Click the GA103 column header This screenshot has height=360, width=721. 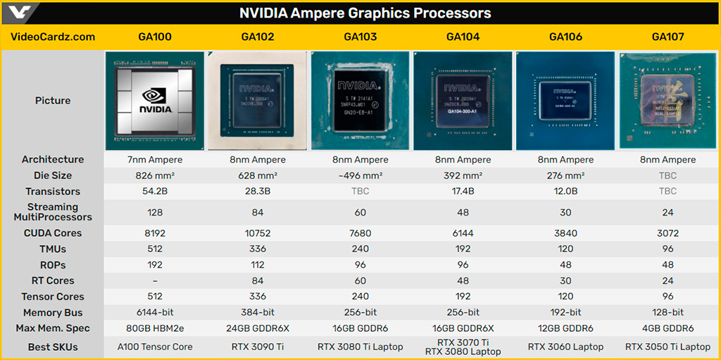(x=360, y=37)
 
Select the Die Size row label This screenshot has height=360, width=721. (x=53, y=175)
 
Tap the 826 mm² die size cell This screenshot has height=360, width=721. (x=155, y=175)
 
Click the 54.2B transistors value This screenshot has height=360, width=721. (x=155, y=192)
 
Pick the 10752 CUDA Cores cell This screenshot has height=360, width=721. (x=258, y=233)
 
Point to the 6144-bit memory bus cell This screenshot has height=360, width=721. (x=155, y=313)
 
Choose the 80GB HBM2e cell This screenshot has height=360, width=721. (x=155, y=328)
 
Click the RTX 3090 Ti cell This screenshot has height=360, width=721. (x=258, y=346)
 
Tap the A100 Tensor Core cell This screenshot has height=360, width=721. (x=155, y=346)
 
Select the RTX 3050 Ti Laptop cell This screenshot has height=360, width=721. (x=668, y=346)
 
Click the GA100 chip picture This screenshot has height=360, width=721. (x=155, y=100)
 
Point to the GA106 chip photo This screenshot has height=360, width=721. (x=565, y=100)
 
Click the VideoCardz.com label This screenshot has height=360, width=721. (x=53, y=37)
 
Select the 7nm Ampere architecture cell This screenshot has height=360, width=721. (x=155, y=160)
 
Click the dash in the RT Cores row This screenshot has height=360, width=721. (x=155, y=281)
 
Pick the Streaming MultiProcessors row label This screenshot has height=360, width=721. (x=53, y=212)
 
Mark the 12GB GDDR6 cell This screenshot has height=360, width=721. (x=565, y=328)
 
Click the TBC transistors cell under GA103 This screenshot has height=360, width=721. (x=360, y=192)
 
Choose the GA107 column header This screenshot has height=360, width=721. (x=668, y=37)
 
